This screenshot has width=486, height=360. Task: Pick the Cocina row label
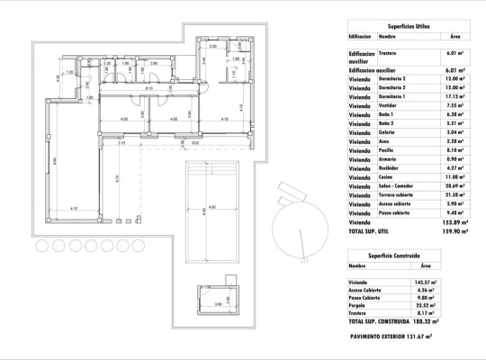(x=389, y=177)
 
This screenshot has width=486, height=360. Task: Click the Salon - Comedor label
(x=397, y=185)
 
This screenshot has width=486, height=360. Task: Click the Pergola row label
(x=359, y=304)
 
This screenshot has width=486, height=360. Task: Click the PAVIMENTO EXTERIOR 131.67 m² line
(x=404, y=336)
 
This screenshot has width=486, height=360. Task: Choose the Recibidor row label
(x=391, y=168)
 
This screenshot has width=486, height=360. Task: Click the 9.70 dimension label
(x=117, y=177)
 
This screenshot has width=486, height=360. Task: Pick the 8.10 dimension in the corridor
(x=148, y=90)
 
